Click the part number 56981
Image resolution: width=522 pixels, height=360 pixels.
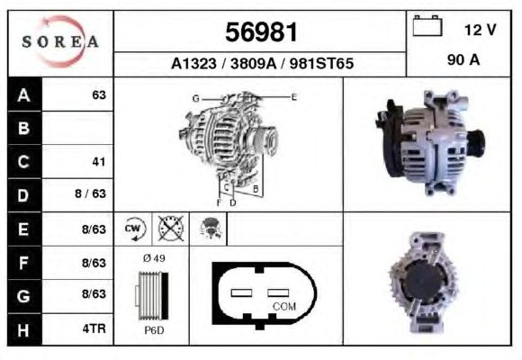coord(261,32)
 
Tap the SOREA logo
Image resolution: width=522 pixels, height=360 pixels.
coord(60,41)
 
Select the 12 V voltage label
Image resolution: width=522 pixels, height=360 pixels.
coord(481,30)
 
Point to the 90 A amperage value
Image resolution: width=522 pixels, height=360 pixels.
coord(463,60)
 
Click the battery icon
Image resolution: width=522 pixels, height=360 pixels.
coord(427,25)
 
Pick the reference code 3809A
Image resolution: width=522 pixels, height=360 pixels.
coord(253,63)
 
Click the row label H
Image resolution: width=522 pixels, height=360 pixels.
coord(23,330)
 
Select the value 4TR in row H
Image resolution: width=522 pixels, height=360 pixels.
coord(94,328)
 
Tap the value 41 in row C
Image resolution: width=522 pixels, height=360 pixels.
coord(99,162)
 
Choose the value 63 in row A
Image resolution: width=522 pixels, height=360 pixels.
coord(99,94)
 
